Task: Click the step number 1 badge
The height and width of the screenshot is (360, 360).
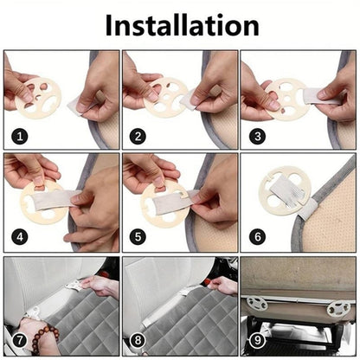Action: click(18, 136)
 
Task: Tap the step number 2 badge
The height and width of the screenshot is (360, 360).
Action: click(137, 136)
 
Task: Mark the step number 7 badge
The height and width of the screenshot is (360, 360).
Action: click(18, 341)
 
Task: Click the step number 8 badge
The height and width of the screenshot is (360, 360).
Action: click(137, 341)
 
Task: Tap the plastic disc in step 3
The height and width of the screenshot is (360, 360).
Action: click(290, 95)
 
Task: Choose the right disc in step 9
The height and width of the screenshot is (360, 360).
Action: click(338, 307)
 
